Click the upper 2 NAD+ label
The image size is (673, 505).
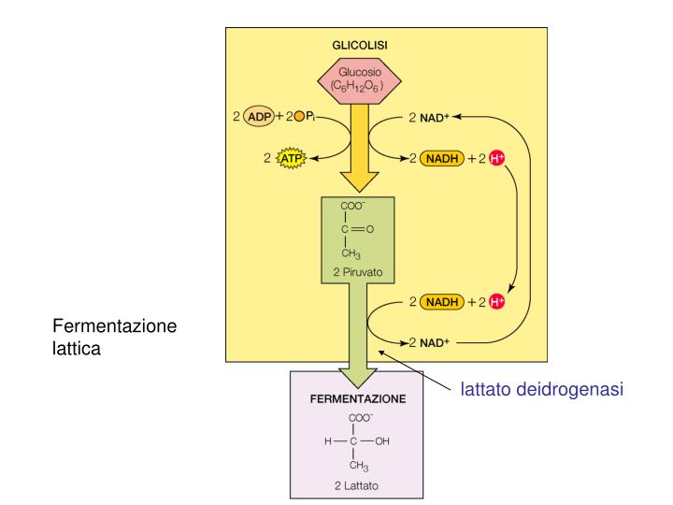(x=430, y=117)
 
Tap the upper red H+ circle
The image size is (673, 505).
(x=497, y=158)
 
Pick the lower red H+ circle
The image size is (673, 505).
(x=497, y=301)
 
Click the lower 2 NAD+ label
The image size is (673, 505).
(x=430, y=342)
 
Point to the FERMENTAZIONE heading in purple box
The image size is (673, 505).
(x=358, y=397)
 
